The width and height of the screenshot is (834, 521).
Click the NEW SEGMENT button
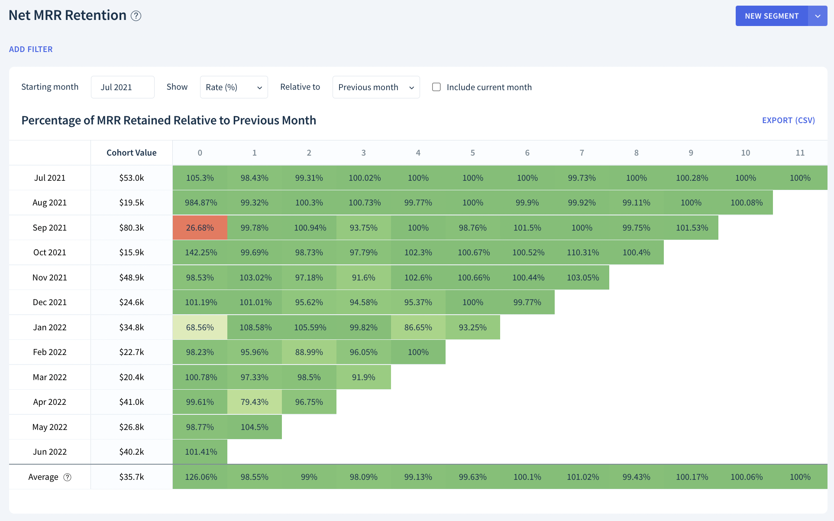772,16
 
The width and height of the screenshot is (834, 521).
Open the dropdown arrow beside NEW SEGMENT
818,16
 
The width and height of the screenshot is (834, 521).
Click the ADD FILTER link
31,49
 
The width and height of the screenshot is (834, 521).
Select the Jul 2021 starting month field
123,87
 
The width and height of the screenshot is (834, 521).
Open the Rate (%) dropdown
234,87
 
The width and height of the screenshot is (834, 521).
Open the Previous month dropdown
376,87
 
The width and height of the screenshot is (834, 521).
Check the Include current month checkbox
436,87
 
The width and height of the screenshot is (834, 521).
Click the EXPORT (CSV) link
789,120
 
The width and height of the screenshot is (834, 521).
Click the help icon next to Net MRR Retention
136,16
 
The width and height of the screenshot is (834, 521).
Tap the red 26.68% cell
200,228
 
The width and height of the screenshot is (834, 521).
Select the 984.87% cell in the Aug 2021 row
200,202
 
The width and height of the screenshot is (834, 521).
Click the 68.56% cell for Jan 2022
200,327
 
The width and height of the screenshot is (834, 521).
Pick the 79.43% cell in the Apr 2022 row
255,402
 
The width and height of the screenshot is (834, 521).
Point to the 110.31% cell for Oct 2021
582,252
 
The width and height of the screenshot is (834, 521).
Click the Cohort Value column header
132,153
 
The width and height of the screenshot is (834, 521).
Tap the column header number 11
800,153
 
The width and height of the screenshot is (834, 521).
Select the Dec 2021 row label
50,302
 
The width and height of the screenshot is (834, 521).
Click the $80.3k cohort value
132,228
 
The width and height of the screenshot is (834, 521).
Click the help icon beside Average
68,477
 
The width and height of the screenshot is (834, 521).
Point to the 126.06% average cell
200,477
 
